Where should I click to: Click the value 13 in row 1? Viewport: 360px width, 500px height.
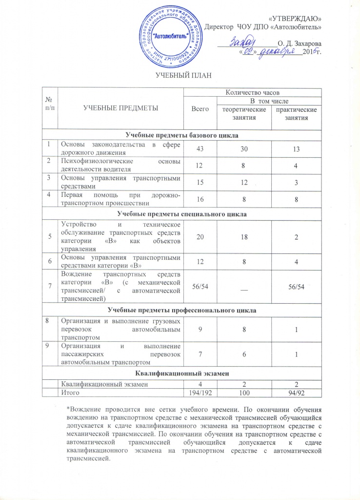297,148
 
